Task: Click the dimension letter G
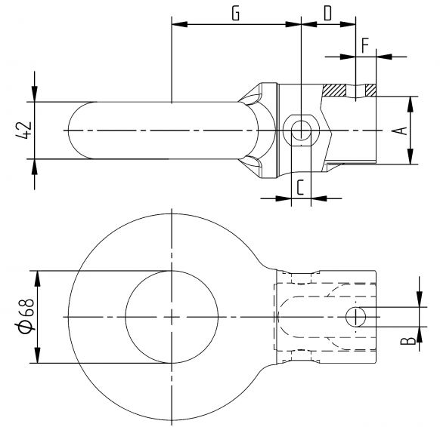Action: tap(236, 14)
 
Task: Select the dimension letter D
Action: tap(327, 14)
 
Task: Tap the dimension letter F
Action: tap(365, 45)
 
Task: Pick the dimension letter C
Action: tap(300, 187)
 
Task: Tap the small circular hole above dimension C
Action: tap(301, 131)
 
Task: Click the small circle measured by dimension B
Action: tap(355, 317)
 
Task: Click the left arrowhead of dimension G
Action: tap(178, 25)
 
